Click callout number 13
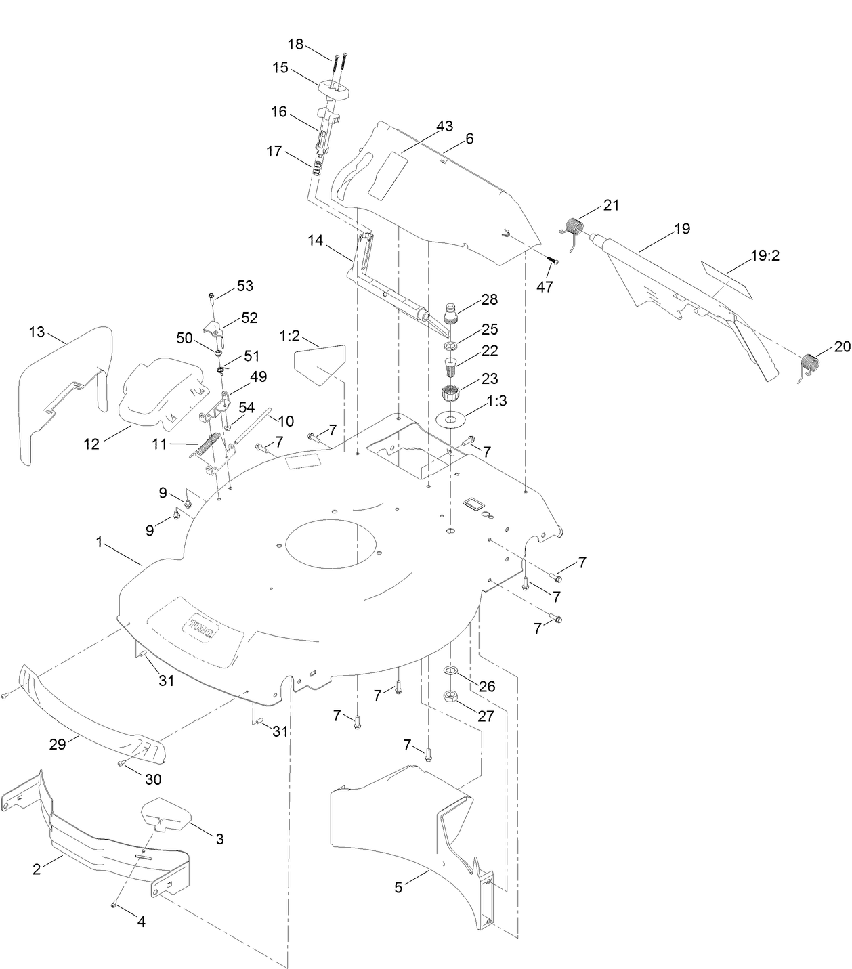(37, 332)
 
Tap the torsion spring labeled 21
(574, 226)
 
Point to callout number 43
(444, 127)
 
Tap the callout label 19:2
(765, 257)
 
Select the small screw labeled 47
(551, 261)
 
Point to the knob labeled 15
(331, 88)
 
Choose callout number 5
(398, 887)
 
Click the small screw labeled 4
(114, 905)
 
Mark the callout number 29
(58, 744)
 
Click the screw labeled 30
(121, 764)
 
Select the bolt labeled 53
(211, 296)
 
